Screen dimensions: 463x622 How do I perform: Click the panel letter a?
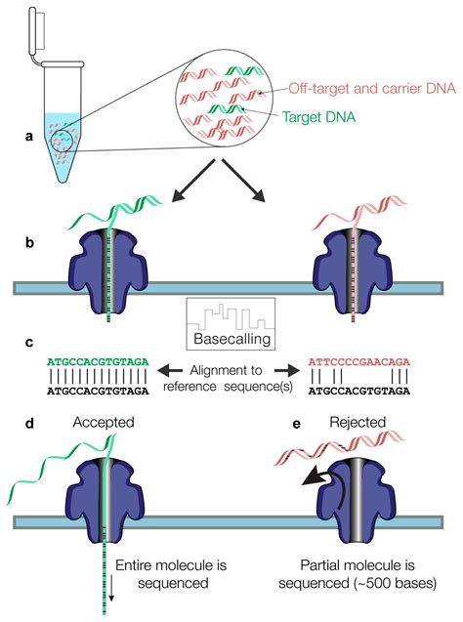pos(29,137)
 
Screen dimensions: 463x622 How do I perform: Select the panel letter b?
pos(29,242)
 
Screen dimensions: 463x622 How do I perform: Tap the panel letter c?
pos(29,343)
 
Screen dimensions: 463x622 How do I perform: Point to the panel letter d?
pos(29,423)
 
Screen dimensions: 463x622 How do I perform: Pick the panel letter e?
pos(296,424)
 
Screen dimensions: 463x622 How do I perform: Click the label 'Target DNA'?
pos(318,117)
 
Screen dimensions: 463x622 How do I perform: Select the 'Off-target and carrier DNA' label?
pos(372,88)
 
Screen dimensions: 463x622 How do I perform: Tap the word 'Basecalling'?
pos(232,339)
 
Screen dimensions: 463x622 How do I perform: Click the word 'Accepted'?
pos(104,423)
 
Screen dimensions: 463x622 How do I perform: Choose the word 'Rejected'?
pos(358,422)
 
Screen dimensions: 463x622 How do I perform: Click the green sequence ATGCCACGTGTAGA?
pos(98,361)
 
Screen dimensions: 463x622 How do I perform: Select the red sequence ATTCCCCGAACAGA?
pos(359,361)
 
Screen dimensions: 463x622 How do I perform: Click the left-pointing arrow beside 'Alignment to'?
pos(170,371)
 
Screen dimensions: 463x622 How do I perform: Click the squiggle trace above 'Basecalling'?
pos(231,317)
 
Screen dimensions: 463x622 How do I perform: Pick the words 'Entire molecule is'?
pos(171,564)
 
